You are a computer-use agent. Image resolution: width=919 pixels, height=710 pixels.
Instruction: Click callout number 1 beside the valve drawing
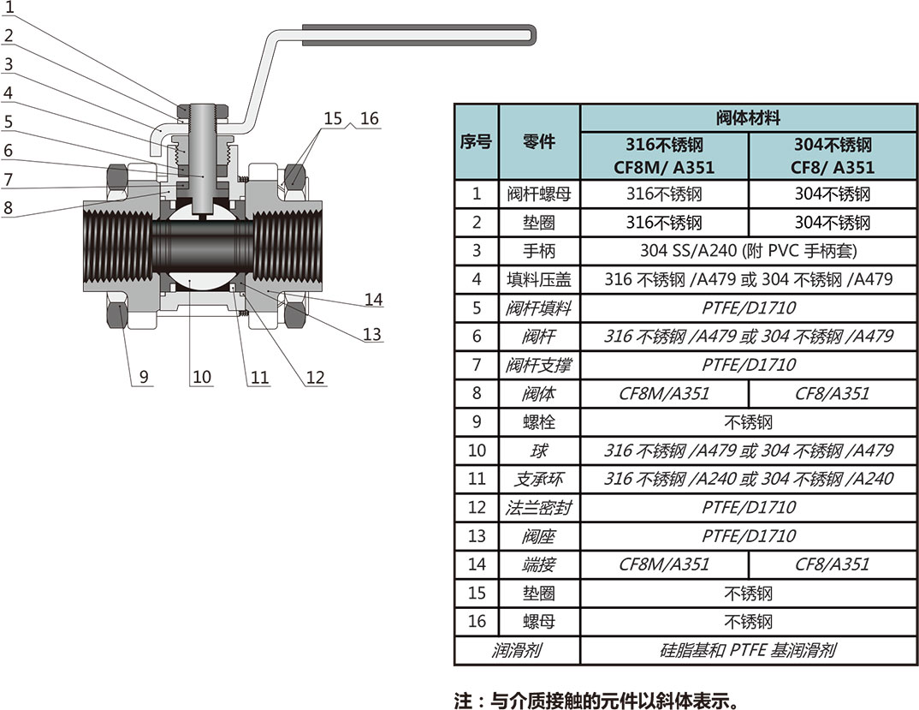9,8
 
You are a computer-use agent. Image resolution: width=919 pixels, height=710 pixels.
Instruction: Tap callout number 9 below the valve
143,376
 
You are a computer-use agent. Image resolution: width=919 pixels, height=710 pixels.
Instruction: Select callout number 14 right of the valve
372,300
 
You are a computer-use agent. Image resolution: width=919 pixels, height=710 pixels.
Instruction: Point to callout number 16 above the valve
369,118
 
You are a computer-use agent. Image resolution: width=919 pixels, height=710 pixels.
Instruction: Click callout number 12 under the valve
316,376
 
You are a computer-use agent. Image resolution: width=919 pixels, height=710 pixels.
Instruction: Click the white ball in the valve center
202,288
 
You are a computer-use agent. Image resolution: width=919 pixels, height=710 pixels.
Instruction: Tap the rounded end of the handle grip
532,35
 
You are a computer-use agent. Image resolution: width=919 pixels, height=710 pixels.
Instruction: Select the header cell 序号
476,142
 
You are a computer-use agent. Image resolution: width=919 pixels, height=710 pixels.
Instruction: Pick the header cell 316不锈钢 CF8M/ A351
664,156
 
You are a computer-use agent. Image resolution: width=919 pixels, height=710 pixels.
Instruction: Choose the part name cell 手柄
539,251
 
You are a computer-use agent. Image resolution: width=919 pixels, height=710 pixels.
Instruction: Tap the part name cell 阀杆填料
539,307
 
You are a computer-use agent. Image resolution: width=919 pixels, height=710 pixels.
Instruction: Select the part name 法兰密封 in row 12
539,507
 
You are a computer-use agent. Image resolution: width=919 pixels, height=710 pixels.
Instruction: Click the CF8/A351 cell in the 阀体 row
832,393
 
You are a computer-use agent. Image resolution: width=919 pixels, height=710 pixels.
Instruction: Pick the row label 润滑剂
517,650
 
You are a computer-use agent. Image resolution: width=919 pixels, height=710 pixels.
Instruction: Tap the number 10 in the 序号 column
477,450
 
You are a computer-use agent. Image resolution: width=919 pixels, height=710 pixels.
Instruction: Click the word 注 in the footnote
463,701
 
